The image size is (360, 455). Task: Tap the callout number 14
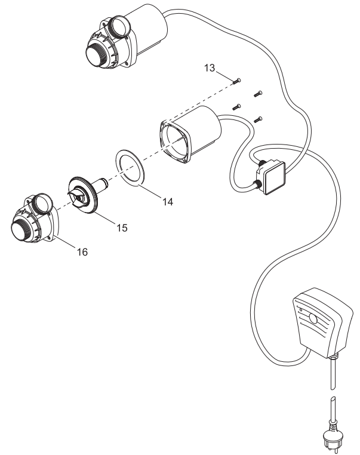click(x=167, y=202)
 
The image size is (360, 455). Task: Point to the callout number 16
click(x=81, y=252)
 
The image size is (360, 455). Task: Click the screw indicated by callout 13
click(x=238, y=80)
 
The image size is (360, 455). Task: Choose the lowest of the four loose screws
click(x=258, y=119)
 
